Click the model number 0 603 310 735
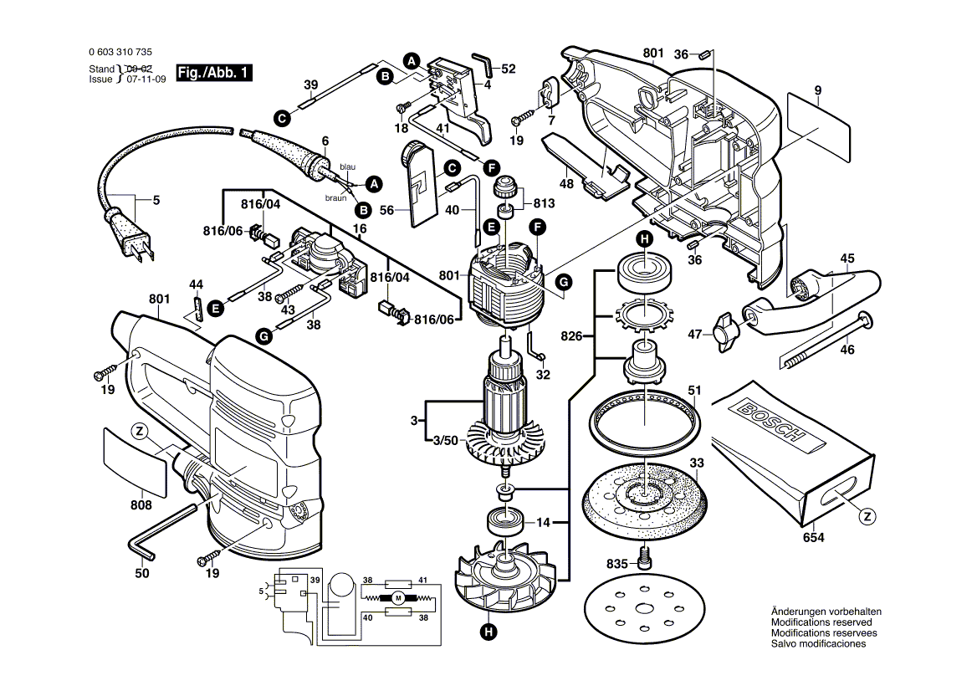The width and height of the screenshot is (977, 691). pos(120,51)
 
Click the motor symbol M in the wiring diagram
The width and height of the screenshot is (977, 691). pos(398,597)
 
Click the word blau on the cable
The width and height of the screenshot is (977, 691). pos(347,167)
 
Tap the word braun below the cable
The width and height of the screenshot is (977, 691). pos(335,197)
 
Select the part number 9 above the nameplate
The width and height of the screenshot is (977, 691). pos(817,90)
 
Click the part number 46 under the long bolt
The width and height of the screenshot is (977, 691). pos(847,350)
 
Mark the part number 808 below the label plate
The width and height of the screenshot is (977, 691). pos(141,505)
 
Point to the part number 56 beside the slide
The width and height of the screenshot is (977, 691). pos(386,211)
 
